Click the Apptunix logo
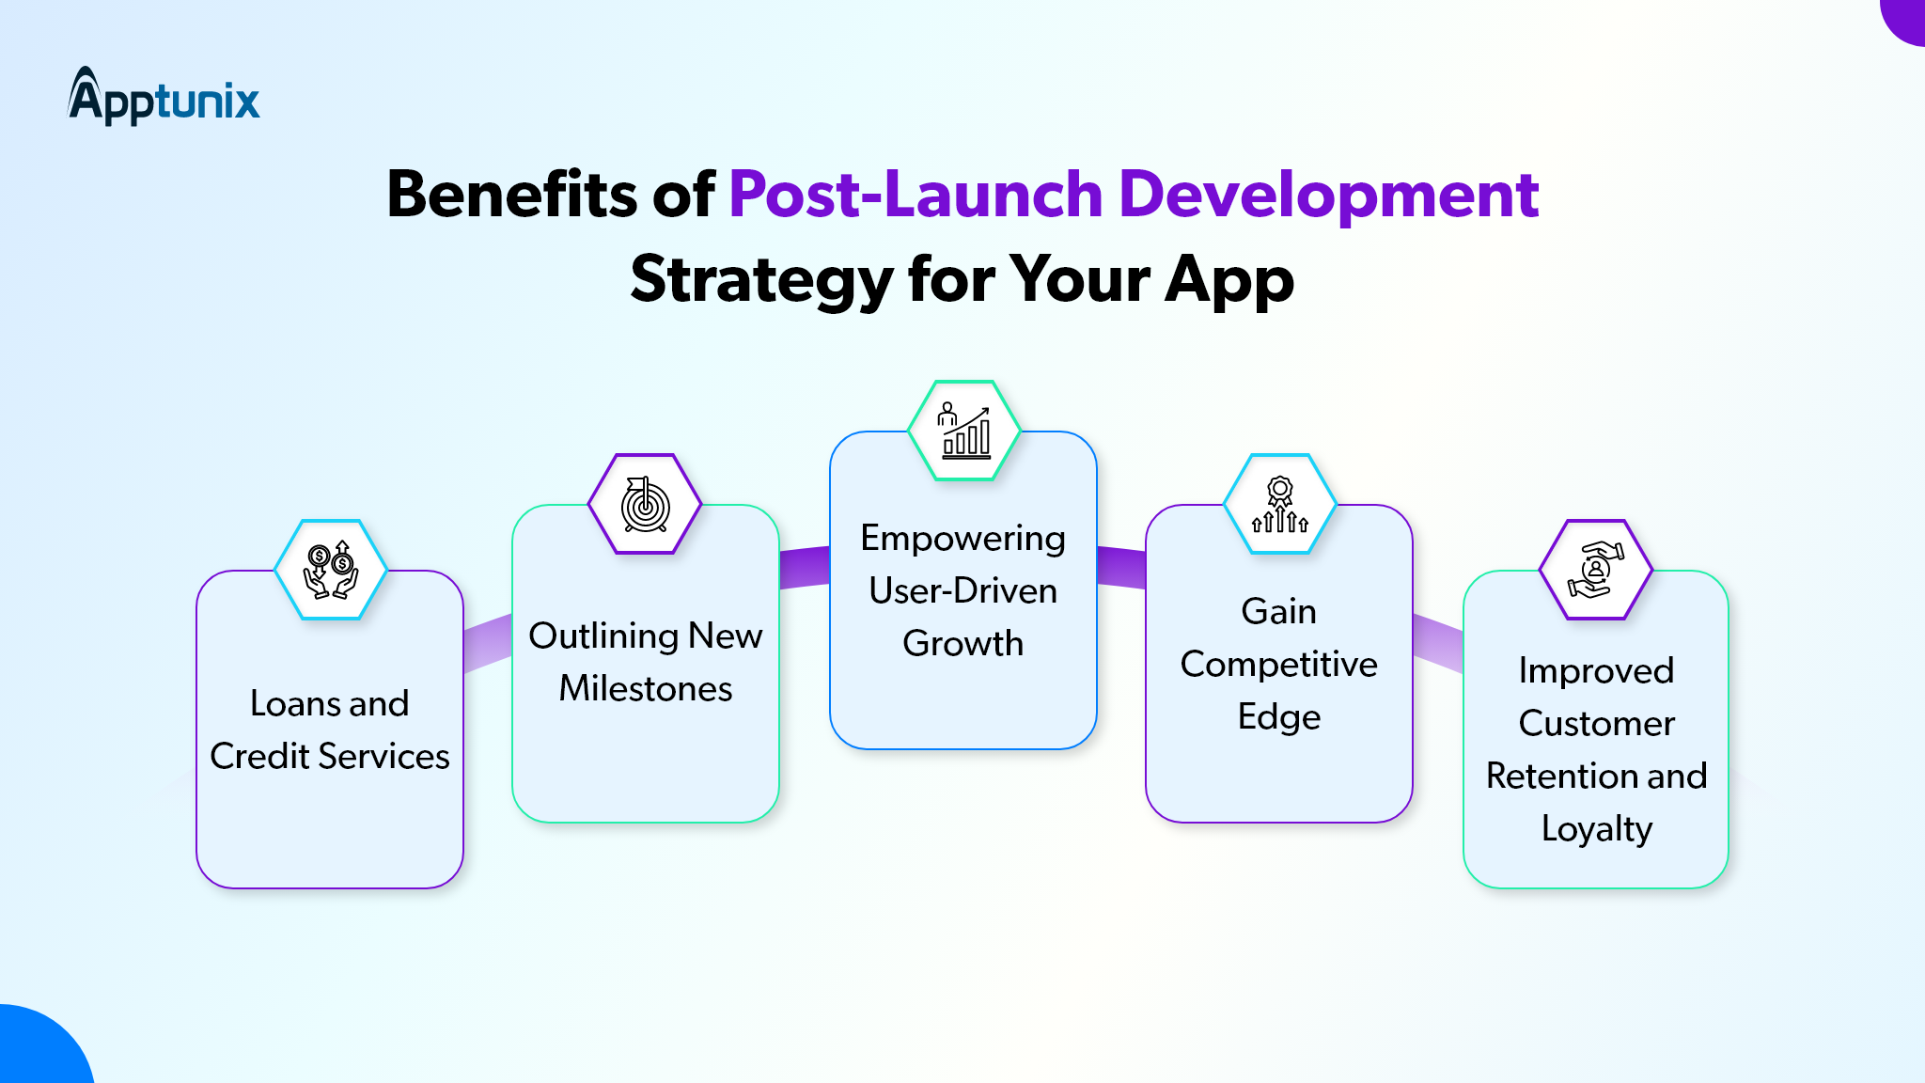point(164,96)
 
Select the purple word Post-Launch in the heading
point(916,195)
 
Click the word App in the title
point(1229,281)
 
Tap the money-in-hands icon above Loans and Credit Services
point(330,570)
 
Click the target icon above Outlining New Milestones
point(645,504)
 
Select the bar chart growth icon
point(964,430)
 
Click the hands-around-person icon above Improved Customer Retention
point(1596,570)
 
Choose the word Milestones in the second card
point(646,688)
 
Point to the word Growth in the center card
point(963,643)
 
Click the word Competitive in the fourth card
point(1279,666)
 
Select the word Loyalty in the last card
point(1597,830)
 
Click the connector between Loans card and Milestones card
point(488,643)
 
